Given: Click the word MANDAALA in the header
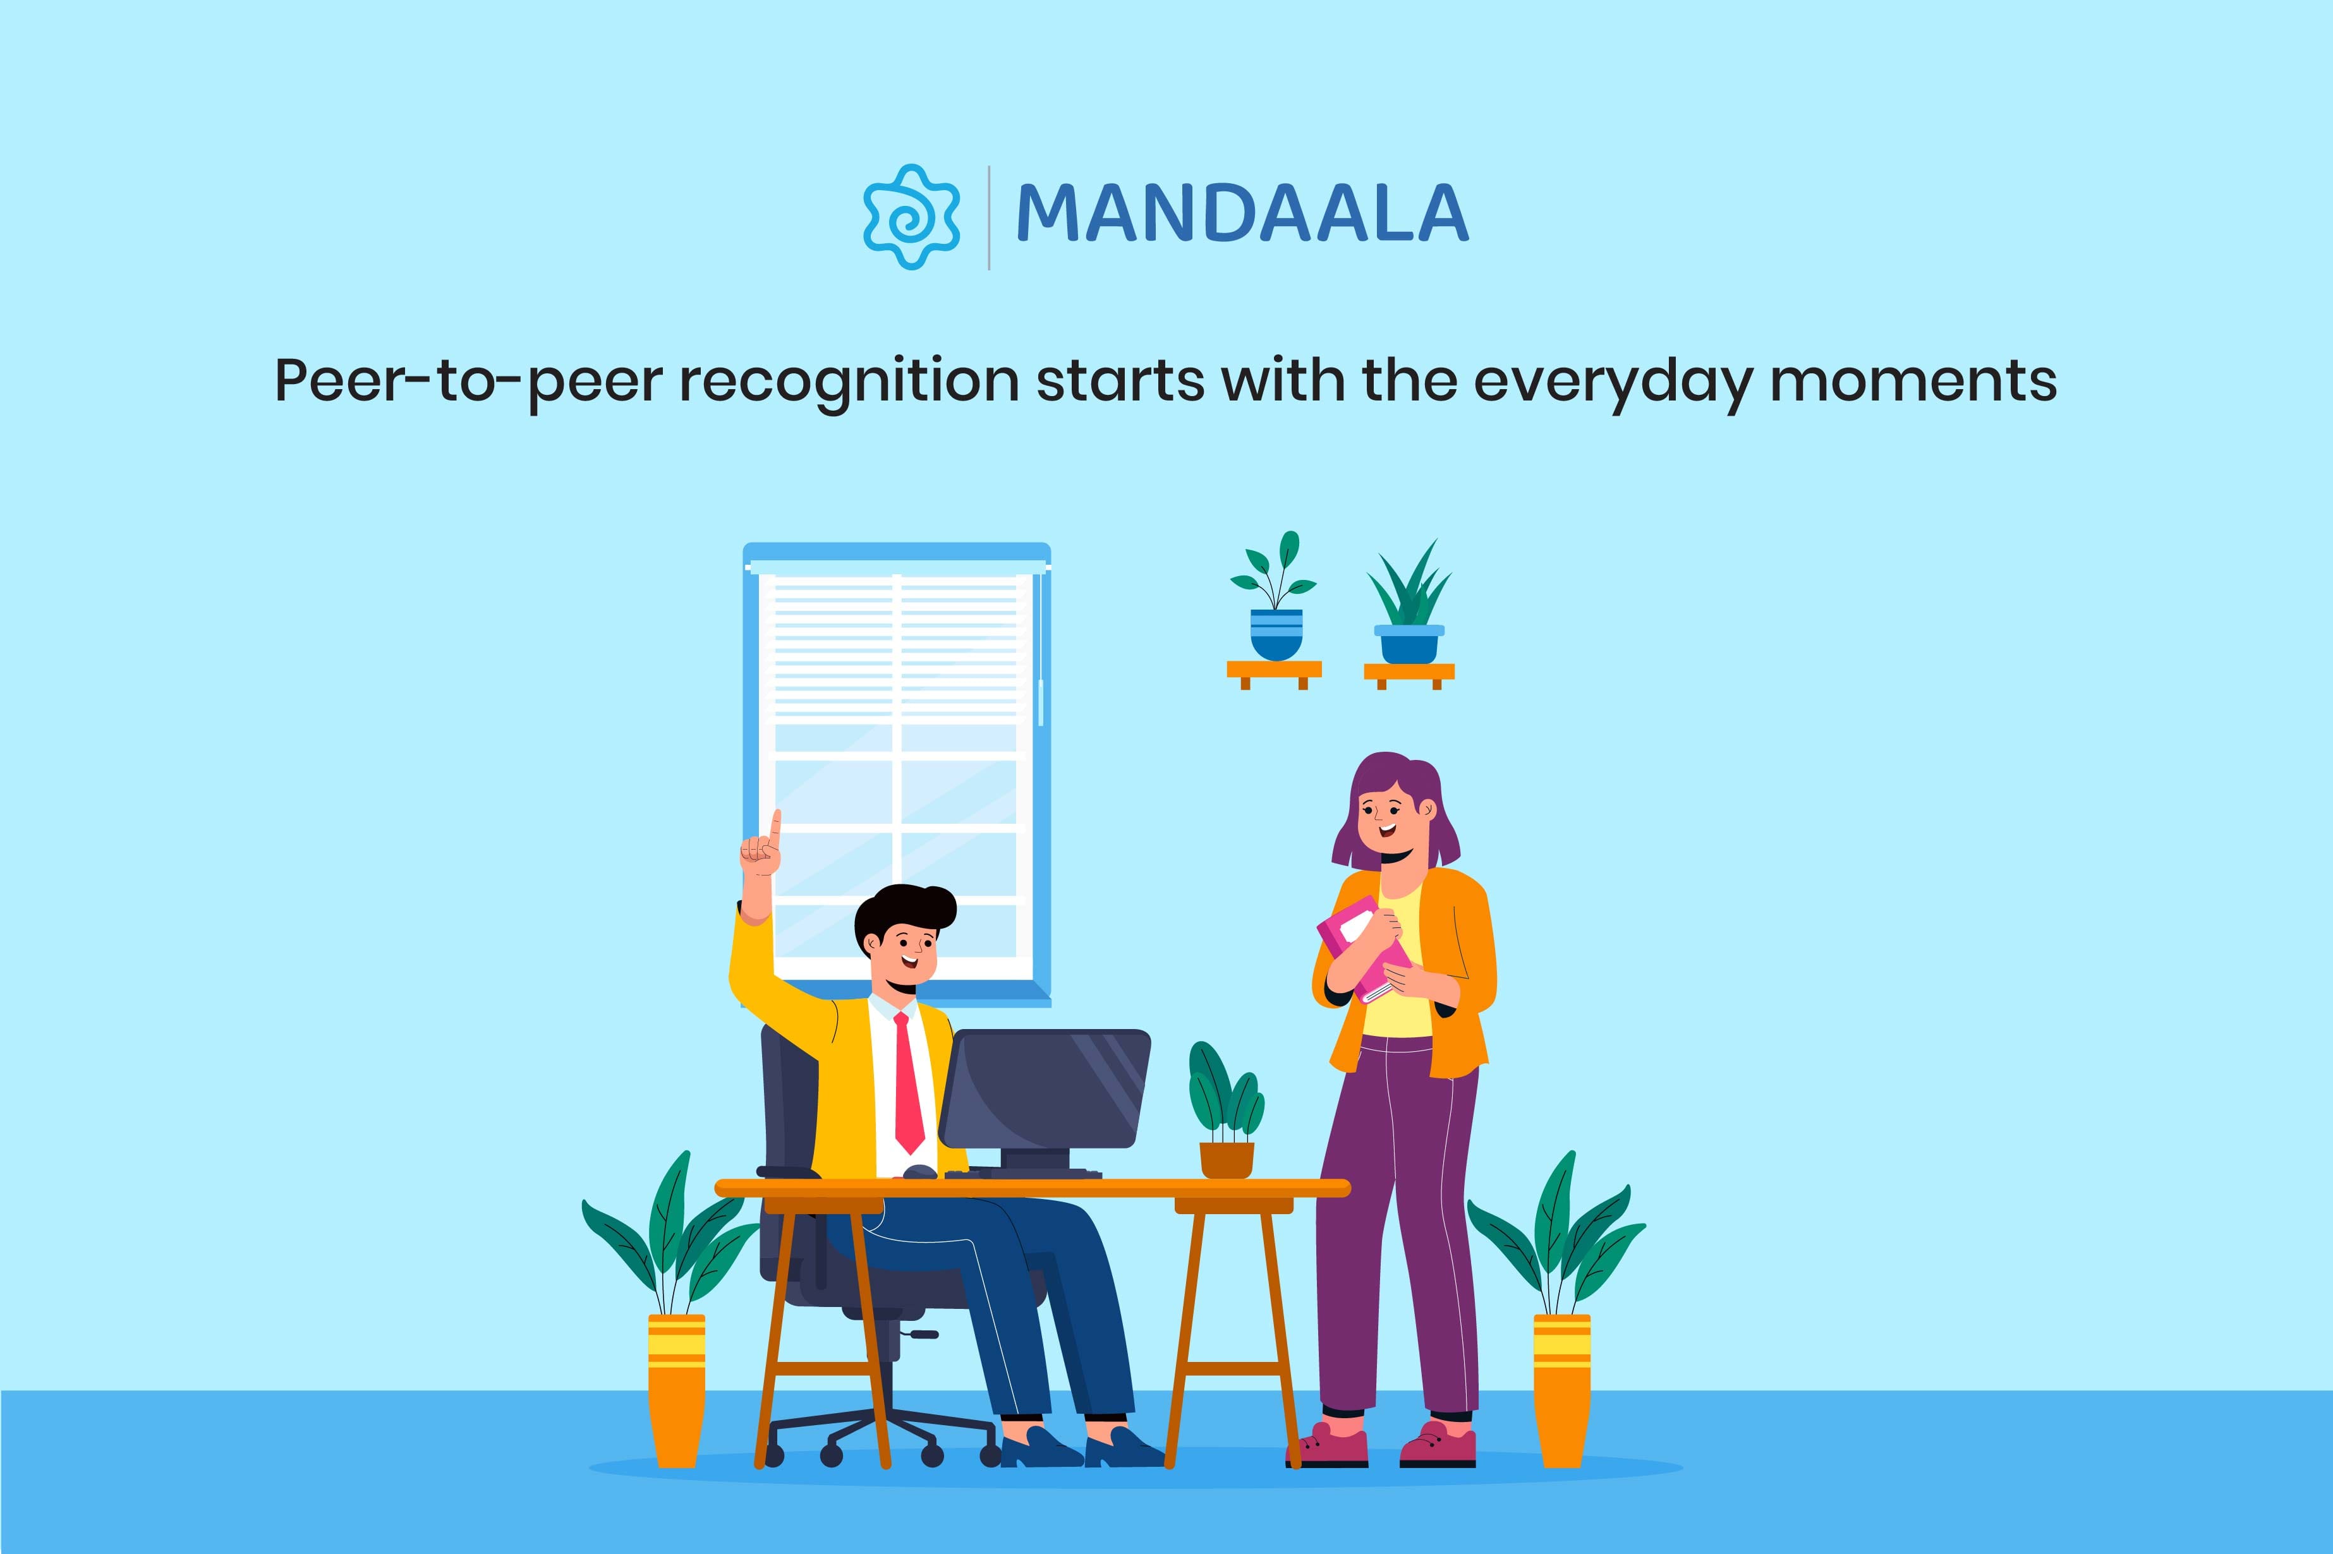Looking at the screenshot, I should [1242, 214].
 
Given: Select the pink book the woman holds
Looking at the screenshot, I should [1363, 946].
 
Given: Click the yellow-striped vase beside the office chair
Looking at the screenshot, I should [677, 1387].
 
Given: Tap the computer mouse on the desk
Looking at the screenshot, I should [919, 1171].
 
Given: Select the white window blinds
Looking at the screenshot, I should [896, 644].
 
